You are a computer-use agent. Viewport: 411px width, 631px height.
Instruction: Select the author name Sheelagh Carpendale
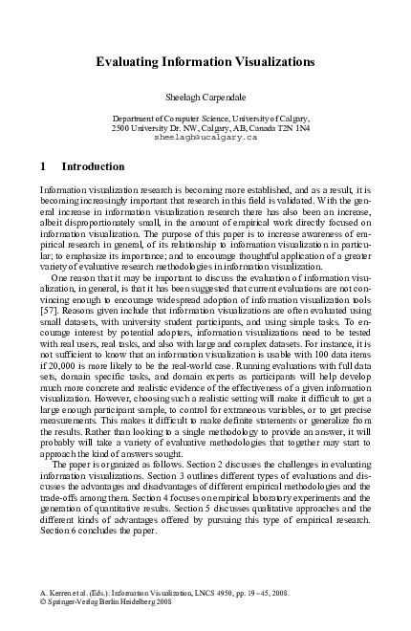(205, 98)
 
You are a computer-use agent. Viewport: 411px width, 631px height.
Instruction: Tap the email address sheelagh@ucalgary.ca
(205, 138)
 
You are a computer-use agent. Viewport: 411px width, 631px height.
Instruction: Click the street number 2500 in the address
(122, 128)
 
